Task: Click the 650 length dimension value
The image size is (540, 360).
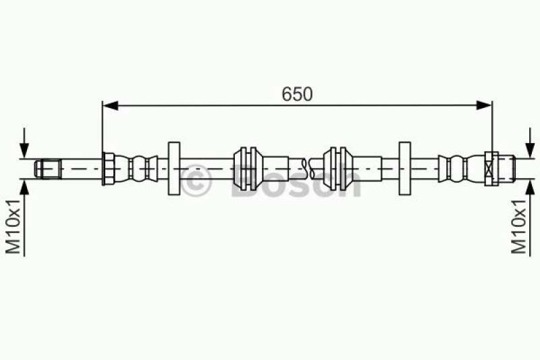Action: point(297,95)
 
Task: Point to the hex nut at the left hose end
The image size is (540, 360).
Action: point(107,168)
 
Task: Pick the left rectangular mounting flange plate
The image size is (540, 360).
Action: point(174,168)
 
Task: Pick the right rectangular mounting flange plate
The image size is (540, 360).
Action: point(405,168)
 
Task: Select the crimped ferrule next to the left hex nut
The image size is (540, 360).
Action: point(138,168)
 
